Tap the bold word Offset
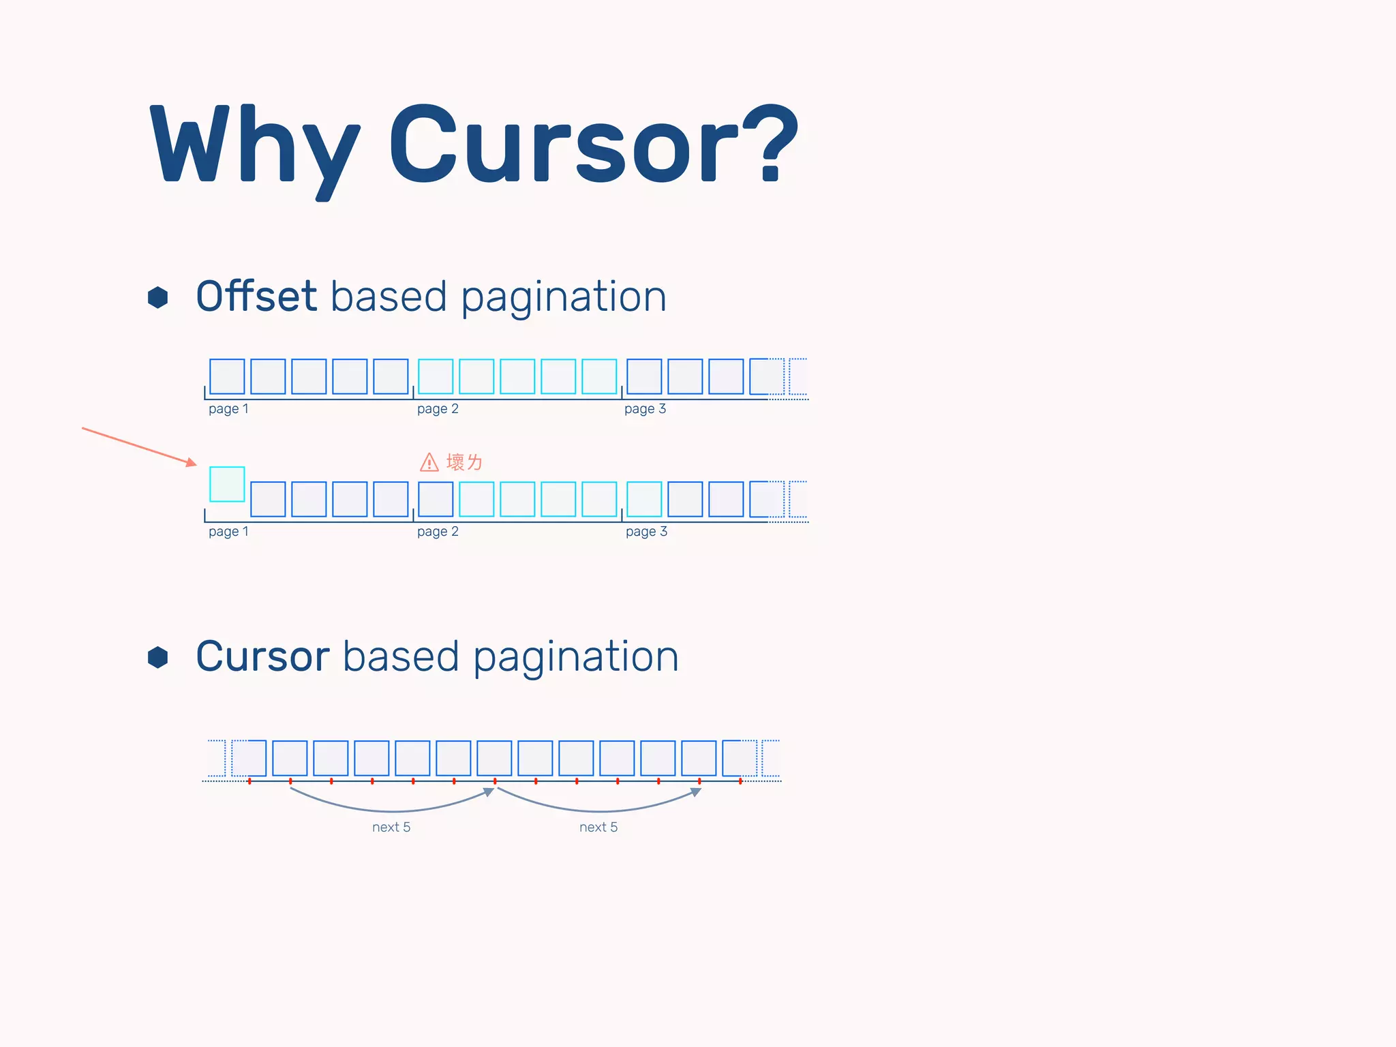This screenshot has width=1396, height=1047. [256, 297]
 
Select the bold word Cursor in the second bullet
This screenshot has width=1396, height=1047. [263, 656]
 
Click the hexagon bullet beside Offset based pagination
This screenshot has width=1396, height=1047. [158, 297]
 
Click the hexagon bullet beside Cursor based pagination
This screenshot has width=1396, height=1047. [158, 657]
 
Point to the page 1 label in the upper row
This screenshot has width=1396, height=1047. [228, 409]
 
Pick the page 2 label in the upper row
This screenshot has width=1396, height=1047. [438, 409]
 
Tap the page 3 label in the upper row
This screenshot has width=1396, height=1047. [645, 409]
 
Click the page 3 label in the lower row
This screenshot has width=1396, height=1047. [646, 532]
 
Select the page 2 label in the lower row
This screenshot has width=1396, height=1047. [438, 532]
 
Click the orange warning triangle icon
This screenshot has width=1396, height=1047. [429, 463]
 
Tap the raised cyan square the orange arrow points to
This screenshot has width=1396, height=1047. [227, 484]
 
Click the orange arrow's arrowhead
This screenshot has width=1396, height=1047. [191, 463]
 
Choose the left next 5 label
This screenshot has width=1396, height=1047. [391, 828]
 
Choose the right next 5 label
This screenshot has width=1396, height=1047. [598, 828]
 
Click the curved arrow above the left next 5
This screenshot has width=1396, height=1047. [392, 810]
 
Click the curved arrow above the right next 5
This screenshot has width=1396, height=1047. [599, 810]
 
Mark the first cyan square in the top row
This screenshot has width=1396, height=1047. [436, 376]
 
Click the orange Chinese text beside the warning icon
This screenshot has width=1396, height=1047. [464, 463]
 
